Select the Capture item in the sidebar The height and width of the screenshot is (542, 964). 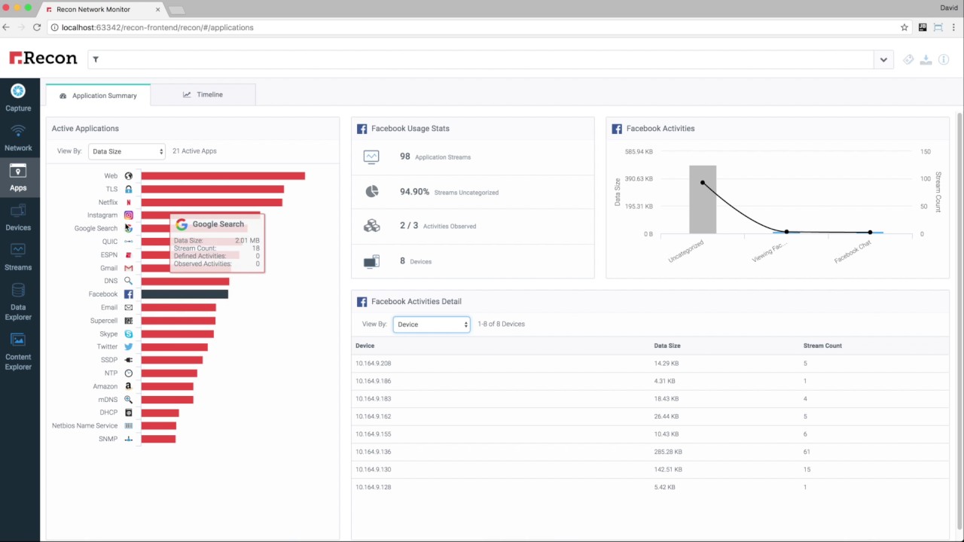[18, 98]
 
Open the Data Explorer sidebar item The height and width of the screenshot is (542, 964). [18, 301]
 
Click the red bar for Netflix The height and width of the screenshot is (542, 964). [212, 202]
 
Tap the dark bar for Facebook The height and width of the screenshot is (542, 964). [185, 294]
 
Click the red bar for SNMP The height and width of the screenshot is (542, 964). [158, 439]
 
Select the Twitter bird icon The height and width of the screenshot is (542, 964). [129, 347]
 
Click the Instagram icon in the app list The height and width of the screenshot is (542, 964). [129, 215]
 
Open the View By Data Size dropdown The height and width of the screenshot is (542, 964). [127, 151]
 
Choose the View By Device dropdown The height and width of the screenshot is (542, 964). [431, 324]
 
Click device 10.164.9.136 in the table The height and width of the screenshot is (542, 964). [374, 452]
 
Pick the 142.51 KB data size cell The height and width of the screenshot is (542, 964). [668, 469]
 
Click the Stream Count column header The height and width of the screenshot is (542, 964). [822, 346]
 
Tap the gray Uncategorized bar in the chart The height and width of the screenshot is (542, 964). [702, 199]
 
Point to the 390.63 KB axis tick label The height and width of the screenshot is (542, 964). [639, 179]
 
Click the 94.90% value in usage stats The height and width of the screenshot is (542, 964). [414, 192]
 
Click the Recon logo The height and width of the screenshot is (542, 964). [43, 59]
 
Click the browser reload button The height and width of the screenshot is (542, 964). [37, 27]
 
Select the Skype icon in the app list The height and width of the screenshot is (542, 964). [129, 333]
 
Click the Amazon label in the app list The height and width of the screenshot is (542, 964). [105, 386]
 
